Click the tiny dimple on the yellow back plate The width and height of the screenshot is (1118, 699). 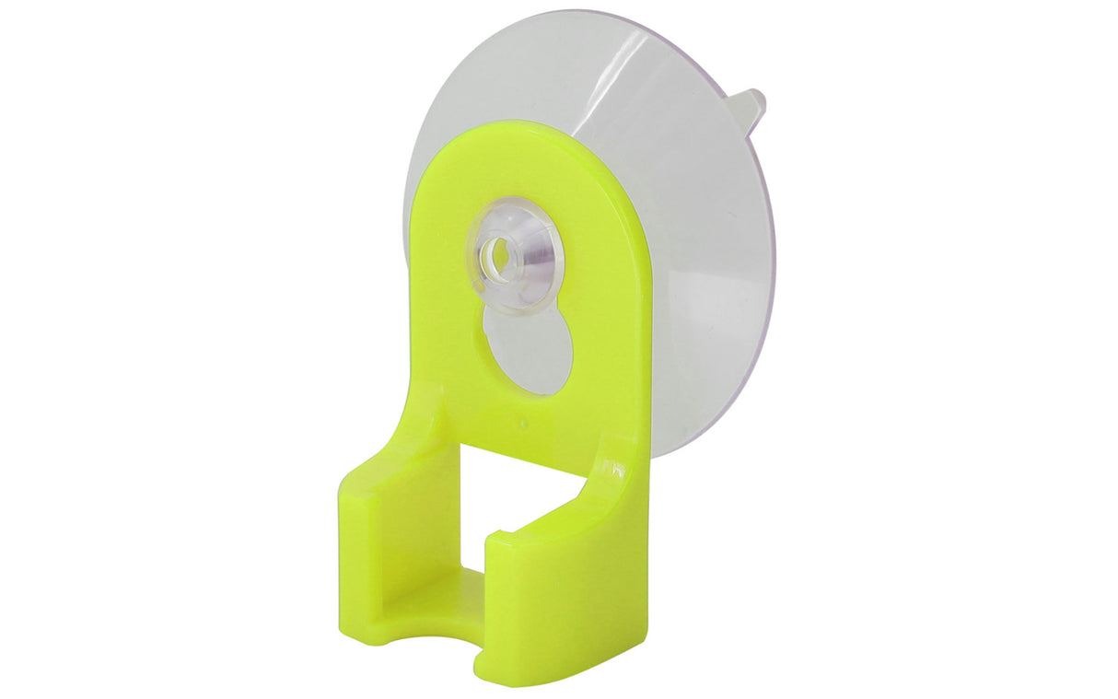(x=523, y=425)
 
